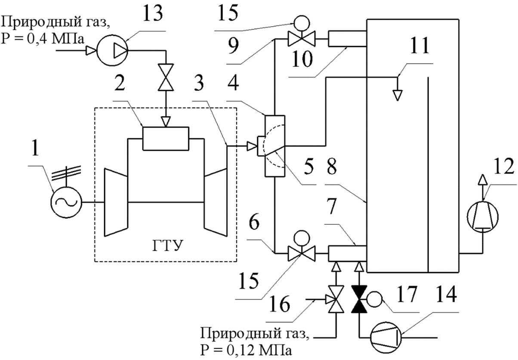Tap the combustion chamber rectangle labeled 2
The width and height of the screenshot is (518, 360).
point(165,139)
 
